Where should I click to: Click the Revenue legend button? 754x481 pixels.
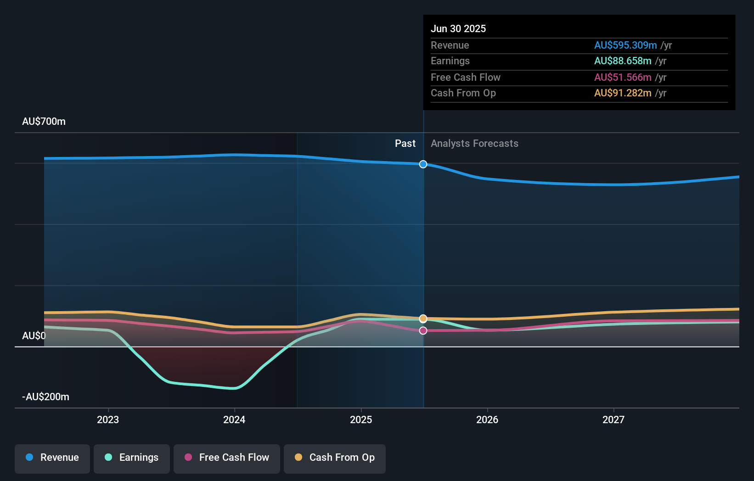pos(52,458)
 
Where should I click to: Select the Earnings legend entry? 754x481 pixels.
pos(132,458)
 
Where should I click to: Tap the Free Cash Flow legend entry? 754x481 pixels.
pos(227,458)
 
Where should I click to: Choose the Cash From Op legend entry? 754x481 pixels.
pos(335,458)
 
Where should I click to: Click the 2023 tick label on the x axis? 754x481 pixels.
pos(108,420)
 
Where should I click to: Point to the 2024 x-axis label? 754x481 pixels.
pos(234,420)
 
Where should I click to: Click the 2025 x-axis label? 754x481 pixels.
pos(361,420)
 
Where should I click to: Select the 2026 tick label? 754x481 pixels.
pos(487,420)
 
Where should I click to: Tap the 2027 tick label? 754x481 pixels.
pos(613,420)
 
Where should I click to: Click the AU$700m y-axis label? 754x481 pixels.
pos(44,122)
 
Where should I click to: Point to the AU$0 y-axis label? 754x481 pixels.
pos(34,336)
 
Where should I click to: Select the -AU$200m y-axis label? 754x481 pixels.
pos(45,397)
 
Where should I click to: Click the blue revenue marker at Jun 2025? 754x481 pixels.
pos(423,164)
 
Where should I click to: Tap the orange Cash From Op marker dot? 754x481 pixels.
pos(423,319)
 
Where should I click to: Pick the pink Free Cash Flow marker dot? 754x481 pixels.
pos(423,330)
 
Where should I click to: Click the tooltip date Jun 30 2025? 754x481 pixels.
pos(458,29)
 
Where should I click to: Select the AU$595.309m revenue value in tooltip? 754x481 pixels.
pos(625,45)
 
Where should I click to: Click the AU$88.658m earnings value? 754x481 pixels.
pos(622,61)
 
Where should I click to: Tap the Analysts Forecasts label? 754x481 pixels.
pos(474,144)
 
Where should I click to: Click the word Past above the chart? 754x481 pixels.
pos(405,144)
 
